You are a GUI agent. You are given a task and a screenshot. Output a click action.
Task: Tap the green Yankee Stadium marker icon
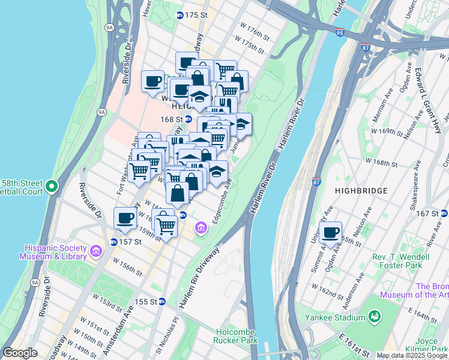click(x=374, y=316)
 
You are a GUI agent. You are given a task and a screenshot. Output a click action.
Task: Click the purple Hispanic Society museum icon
click(x=95, y=249)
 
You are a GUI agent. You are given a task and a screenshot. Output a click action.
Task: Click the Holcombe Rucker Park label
click(x=237, y=336)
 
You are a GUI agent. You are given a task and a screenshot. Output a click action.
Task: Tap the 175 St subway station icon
click(x=179, y=14)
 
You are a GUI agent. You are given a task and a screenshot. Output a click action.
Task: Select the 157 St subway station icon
click(x=113, y=242)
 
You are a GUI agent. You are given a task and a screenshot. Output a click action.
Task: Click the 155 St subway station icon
click(x=162, y=301)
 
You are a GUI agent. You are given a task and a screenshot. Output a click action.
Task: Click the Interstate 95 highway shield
click(x=340, y=33)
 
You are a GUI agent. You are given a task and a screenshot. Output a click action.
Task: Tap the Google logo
click(x=20, y=353)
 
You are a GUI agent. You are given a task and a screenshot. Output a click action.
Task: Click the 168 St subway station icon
click(x=187, y=119)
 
